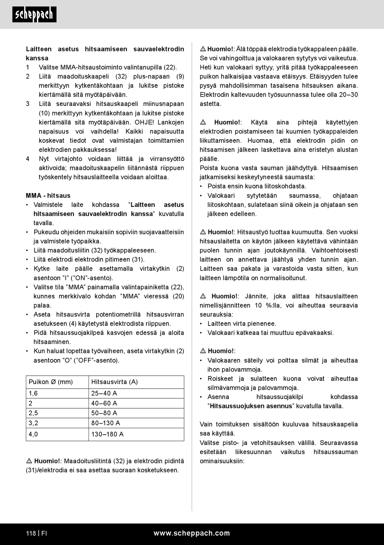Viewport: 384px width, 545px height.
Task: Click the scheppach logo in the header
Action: pos(34,15)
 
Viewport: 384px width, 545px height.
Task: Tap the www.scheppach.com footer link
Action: pos(192,533)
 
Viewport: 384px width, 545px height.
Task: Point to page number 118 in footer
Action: pos(31,533)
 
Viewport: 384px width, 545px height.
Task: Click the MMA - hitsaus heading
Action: pos(48,195)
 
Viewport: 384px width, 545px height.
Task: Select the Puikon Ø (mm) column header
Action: pos(51,382)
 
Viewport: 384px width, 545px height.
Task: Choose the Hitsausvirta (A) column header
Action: pos(114,382)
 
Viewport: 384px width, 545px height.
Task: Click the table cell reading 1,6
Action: pos(33,393)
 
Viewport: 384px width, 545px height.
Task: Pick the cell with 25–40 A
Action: pos(104,393)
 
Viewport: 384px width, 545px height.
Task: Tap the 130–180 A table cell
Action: pos(108,434)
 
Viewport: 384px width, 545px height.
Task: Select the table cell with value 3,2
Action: pos(33,423)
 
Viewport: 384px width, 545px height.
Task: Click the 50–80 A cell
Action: pos(104,413)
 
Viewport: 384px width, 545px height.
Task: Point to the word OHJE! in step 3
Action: pos(144,122)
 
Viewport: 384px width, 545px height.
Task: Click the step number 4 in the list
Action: pos(27,159)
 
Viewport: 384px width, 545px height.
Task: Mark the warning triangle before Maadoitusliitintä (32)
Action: pos(29,461)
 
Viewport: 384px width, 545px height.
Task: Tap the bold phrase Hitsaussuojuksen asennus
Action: pos(251,406)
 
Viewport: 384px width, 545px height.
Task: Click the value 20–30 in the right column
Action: pos(349,95)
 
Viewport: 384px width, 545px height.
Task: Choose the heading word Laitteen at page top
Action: pos(39,49)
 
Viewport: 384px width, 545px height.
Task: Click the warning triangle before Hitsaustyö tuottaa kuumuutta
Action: pos(203,232)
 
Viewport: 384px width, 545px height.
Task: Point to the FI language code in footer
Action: pos(44,533)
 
